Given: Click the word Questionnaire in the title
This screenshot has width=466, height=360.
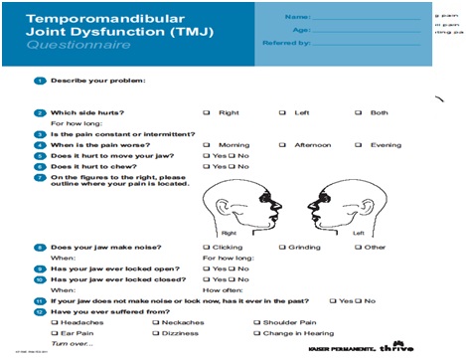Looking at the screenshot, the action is click(64, 46).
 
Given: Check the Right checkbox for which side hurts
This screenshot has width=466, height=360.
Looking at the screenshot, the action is click(207, 112).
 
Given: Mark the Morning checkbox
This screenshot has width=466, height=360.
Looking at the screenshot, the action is click(207, 144).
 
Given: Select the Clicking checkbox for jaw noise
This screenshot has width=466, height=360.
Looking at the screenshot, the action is click(207, 246).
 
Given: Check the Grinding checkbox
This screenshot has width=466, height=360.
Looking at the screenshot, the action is click(283, 246).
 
